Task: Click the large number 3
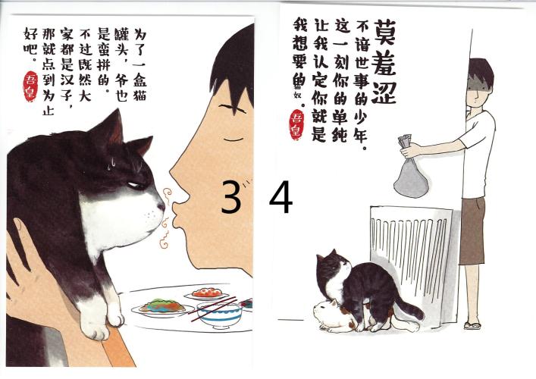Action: coord(230,196)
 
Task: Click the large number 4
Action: coord(281,196)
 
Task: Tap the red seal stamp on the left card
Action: coord(30,86)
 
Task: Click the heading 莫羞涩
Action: coord(384,61)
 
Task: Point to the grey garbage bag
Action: coord(411,171)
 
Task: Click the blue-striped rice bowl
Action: coord(219,315)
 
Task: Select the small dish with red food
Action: coord(207,294)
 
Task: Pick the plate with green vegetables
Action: coord(162,307)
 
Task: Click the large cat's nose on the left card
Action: coord(161,206)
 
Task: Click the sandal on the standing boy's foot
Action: coord(472,325)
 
